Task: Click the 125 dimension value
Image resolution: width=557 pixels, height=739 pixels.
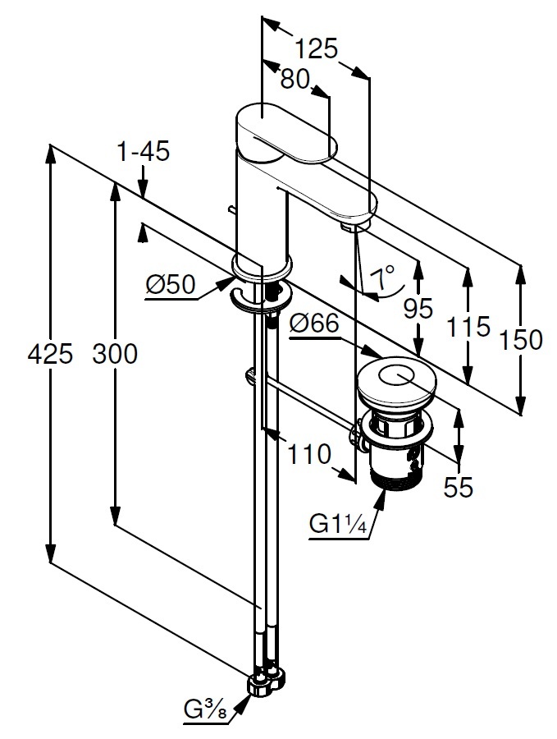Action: tap(317, 49)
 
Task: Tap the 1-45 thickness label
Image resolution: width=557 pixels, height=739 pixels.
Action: tap(143, 152)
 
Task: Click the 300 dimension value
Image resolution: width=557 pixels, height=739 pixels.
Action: tap(115, 355)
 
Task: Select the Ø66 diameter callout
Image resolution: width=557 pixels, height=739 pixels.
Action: tap(314, 324)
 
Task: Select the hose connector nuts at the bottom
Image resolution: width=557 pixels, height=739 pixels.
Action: tap(268, 681)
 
